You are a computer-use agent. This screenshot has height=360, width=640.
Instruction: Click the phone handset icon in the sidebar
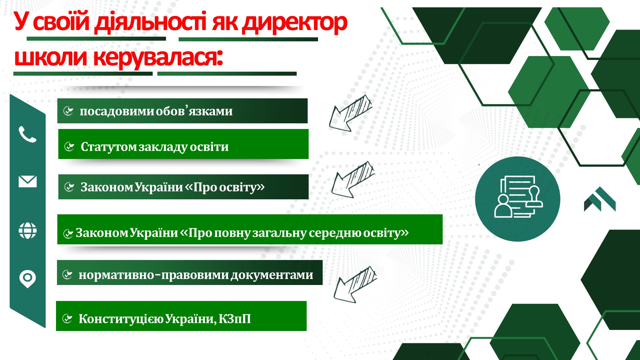[27, 134]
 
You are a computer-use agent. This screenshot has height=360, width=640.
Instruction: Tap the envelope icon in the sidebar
[28, 181]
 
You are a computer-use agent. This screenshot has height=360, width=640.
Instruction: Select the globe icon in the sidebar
[28, 231]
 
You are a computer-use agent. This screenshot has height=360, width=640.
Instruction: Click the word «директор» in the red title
[295, 23]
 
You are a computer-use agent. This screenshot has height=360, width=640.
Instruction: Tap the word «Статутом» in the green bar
[109, 147]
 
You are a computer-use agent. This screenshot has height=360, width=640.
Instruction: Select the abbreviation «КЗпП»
[235, 319]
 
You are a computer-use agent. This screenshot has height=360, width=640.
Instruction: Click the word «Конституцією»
[121, 319]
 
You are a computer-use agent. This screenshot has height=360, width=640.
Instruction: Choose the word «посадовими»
[117, 111]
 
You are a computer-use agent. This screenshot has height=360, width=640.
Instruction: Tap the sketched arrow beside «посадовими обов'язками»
[350, 113]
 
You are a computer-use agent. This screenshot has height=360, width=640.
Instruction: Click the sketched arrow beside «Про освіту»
[353, 179]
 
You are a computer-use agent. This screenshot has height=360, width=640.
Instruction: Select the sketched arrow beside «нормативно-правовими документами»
[355, 284]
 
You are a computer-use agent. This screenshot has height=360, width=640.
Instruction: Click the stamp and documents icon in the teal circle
[518, 197]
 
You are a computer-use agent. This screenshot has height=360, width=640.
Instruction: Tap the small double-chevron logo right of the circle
[600, 199]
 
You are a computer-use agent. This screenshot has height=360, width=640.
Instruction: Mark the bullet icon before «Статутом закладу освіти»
[69, 146]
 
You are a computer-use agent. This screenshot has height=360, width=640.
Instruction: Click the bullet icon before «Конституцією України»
[67, 319]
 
